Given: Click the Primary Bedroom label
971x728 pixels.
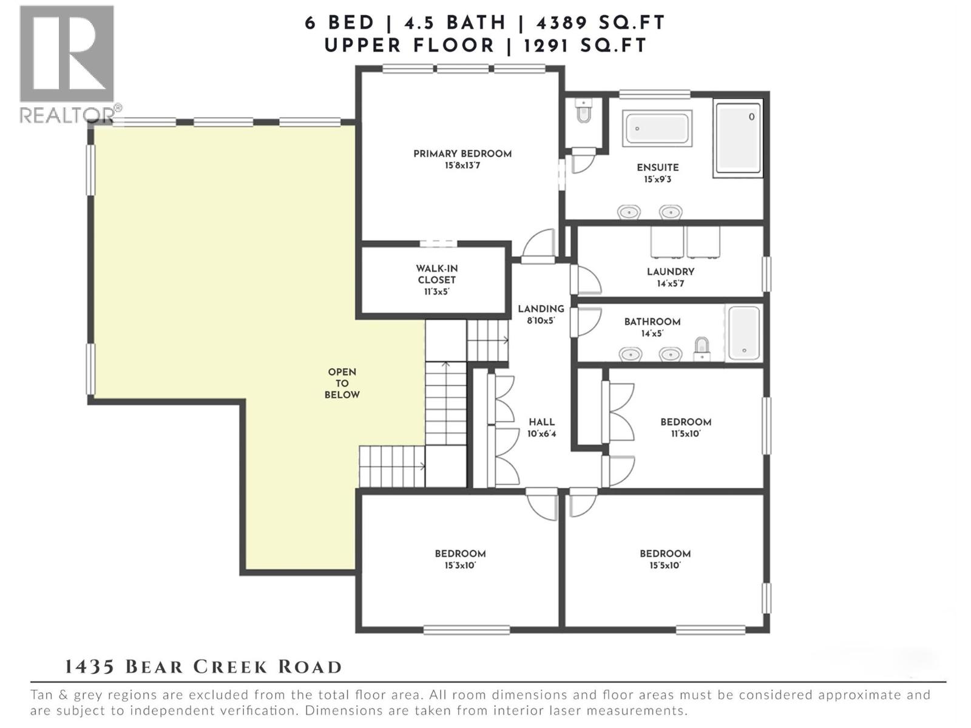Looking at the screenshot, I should click(462, 154).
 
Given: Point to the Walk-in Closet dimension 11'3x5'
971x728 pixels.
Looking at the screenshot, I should click(437, 292).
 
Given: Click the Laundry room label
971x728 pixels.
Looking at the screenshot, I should click(671, 272).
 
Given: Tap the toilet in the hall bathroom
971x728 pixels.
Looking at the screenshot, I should click(702, 348).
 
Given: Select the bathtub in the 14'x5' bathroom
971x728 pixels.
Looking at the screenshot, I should click(744, 333).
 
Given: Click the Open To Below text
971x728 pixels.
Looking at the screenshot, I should click(342, 383).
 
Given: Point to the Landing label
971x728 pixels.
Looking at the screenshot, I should click(541, 309).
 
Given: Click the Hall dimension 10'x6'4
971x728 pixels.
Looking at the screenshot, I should click(541, 434).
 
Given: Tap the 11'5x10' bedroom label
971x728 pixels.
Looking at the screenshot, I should click(686, 422).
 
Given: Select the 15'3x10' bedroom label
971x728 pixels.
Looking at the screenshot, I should click(460, 554).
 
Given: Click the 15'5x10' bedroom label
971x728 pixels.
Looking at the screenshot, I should click(665, 554).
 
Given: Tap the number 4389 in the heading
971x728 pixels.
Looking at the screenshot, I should click(561, 23).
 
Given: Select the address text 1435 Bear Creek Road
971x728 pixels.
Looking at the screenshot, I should click(203, 667).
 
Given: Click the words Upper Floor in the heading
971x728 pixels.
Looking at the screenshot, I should click(410, 45).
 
